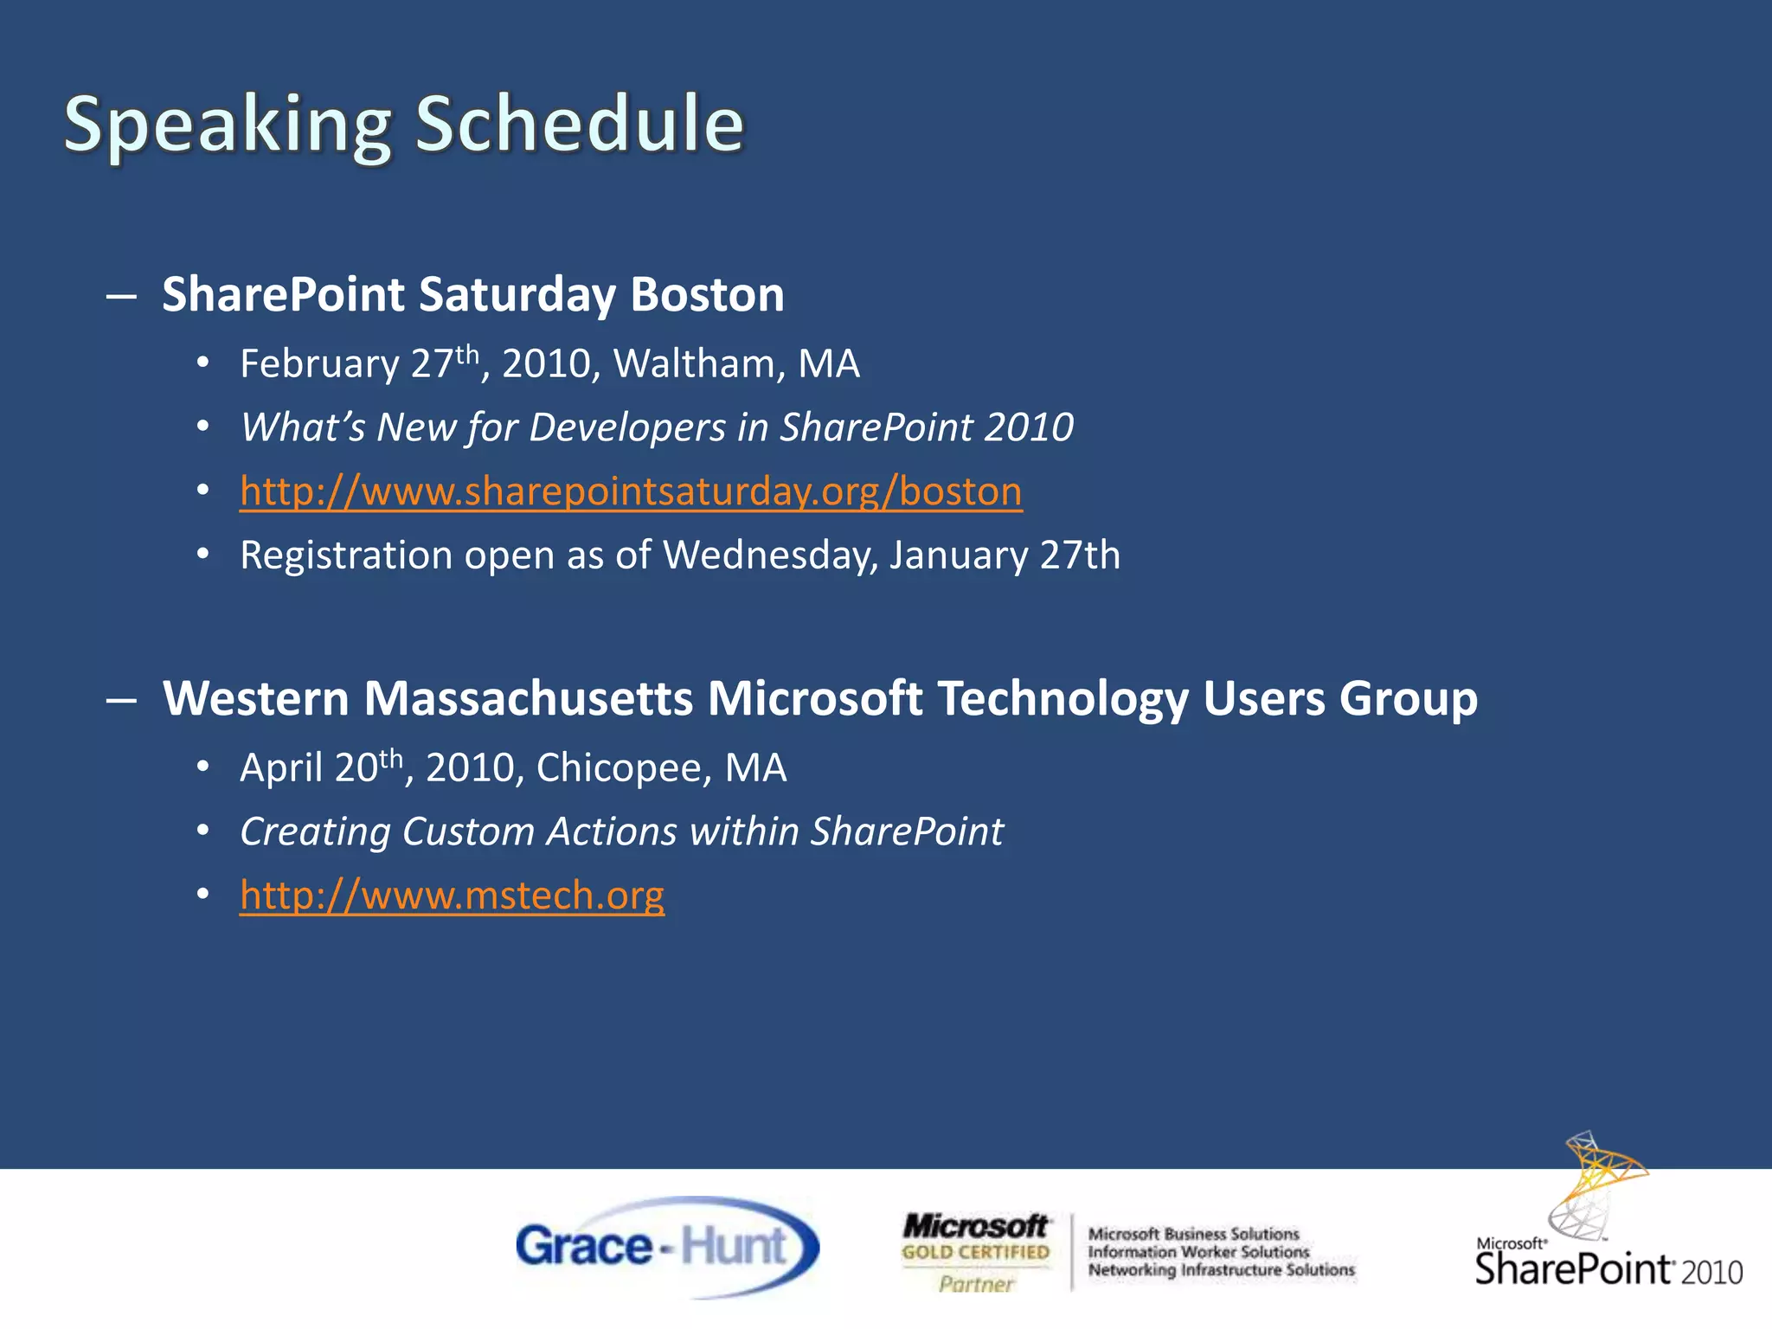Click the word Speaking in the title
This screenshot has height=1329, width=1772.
[x=228, y=125]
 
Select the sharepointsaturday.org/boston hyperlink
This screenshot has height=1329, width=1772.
[x=631, y=491]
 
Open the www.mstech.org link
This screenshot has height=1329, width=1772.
[x=452, y=895]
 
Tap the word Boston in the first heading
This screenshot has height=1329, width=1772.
[x=707, y=294]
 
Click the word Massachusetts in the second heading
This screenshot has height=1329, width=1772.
[x=528, y=698]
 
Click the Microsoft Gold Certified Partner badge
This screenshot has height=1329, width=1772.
[x=975, y=1252]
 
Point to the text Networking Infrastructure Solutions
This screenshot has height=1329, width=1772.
[x=1221, y=1270]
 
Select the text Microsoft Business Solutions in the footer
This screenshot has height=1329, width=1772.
[x=1193, y=1234]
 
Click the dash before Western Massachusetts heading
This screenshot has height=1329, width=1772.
[x=121, y=699]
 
